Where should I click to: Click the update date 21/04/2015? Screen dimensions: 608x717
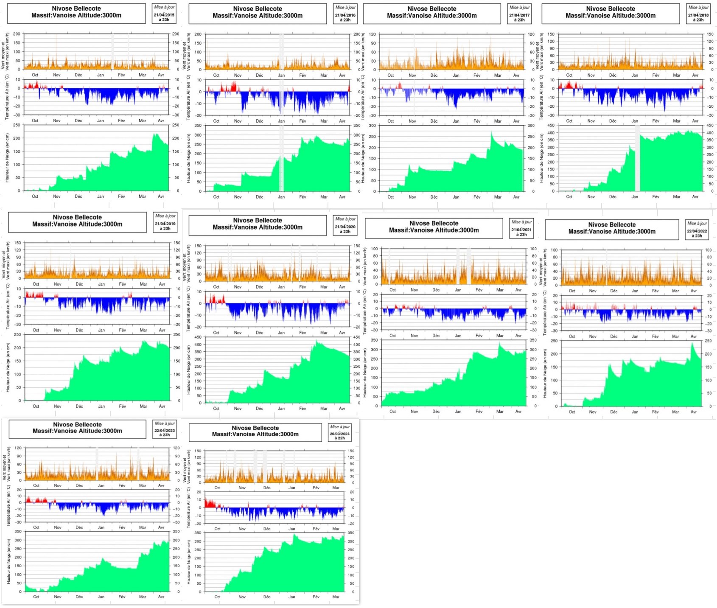tap(164, 15)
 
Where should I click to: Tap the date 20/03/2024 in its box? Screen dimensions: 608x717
tap(340, 434)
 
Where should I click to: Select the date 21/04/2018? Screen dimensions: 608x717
tap(698, 15)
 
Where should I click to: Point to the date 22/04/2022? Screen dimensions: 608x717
tap(697, 231)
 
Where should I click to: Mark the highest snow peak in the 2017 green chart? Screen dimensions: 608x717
tap(492, 133)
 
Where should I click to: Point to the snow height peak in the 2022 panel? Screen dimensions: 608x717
tap(692, 343)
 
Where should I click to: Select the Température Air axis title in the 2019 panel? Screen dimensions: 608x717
tap(8, 306)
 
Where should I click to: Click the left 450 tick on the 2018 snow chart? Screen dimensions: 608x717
tap(551, 125)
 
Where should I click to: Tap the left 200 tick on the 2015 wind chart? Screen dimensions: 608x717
tap(17, 34)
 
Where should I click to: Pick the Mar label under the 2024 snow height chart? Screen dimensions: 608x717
tap(336, 597)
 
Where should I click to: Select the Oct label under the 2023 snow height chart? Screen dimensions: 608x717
tap(36, 597)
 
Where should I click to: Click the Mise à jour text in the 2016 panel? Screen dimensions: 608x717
tap(345, 7)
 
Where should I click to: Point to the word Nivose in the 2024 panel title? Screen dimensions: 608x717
tap(244, 428)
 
